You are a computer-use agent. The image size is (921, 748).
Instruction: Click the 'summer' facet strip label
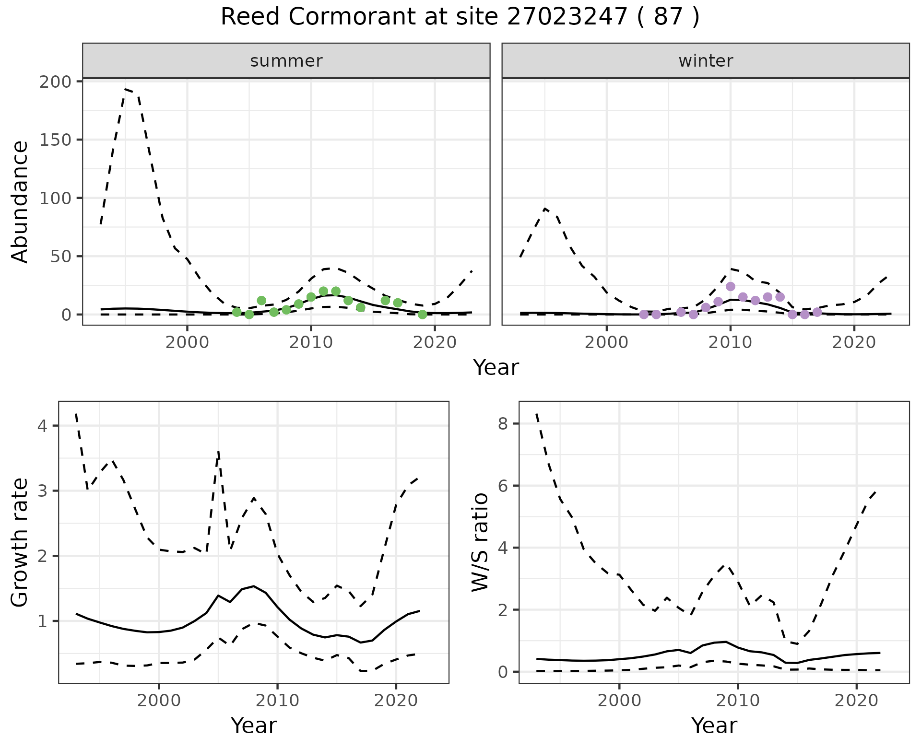pyautogui.click(x=286, y=61)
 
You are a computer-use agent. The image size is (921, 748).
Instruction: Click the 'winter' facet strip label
pyautogui.click(x=706, y=61)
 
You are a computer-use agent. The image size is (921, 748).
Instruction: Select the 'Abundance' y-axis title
pyautogui.click(x=20, y=201)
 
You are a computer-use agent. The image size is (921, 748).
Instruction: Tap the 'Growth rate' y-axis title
pyautogui.click(x=20, y=542)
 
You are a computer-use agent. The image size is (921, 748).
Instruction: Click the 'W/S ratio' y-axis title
pyautogui.click(x=480, y=542)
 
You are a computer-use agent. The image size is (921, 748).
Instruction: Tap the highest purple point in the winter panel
pyautogui.click(x=731, y=287)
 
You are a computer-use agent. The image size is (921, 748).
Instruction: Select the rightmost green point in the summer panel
pyautogui.click(x=422, y=315)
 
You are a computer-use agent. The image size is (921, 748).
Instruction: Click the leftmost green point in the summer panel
pyautogui.click(x=236, y=312)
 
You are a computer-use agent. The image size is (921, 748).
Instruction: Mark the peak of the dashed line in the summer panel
pyautogui.click(x=126, y=89)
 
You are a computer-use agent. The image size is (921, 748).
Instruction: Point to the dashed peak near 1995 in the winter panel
pyautogui.click(x=545, y=209)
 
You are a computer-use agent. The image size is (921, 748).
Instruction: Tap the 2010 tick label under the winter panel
pyautogui.click(x=731, y=343)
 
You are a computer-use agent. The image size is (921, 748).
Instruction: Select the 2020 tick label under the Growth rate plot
pyautogui.click(x=396, y=701)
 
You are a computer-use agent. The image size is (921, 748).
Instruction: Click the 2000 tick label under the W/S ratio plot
pyautogui.click(x=619, y=701)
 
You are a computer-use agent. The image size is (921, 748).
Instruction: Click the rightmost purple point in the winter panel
pyautogui.click(x=817, y=313)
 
